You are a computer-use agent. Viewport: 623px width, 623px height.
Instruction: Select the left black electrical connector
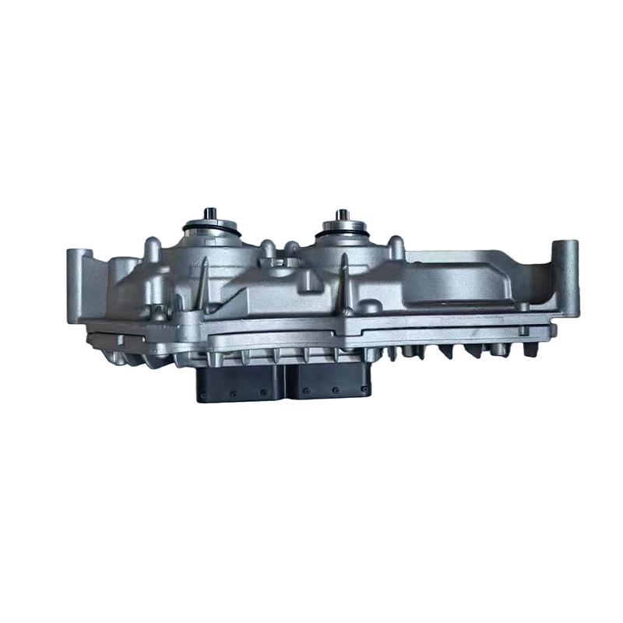click(x=241, y=383)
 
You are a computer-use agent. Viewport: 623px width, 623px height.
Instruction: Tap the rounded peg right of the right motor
click(x=397, y=248)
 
